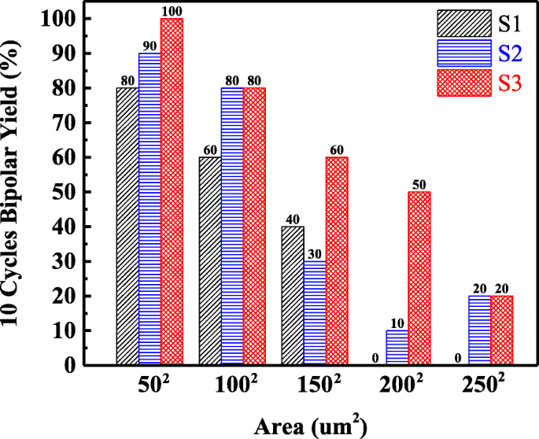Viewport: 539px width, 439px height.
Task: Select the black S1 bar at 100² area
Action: coord(210,261)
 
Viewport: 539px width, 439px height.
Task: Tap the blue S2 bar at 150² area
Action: coord(315,313)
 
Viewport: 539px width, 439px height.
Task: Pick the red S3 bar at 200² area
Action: coord(419,279)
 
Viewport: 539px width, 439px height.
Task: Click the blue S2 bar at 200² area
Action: coord(397,348)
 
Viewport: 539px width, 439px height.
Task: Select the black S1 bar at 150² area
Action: coord(293,296)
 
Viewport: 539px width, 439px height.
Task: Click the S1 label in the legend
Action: coord(500,22)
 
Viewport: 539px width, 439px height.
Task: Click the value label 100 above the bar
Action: coord(172,11)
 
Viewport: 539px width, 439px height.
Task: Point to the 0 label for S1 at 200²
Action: coord(376,359)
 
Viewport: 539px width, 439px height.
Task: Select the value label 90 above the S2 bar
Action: coord(150,46)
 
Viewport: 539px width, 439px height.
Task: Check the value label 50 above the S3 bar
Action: coord(419,184)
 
